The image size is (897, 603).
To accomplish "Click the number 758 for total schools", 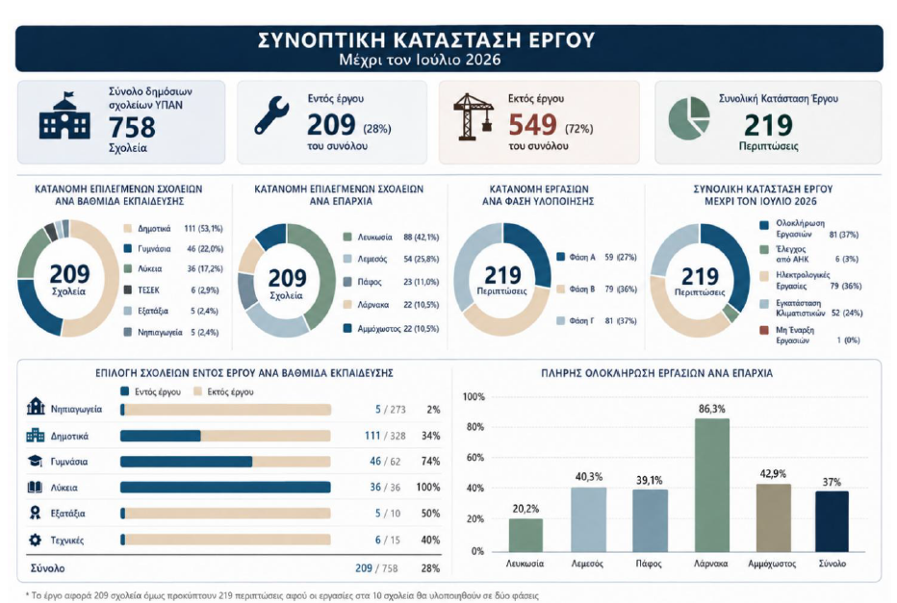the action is coord(132,127).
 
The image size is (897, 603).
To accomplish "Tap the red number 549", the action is coord(532,125).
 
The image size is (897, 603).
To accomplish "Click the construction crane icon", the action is coord(473,116).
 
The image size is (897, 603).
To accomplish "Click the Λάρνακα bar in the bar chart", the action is coord(711,485).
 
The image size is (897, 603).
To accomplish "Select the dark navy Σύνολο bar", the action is coord(832,521).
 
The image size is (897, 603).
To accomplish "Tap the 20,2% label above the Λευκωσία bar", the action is coord(525,509).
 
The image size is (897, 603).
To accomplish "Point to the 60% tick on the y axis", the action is coord(475,457).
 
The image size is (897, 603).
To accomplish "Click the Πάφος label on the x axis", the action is coord(649,564).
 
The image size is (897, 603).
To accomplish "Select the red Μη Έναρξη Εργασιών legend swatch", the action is coord(764,331).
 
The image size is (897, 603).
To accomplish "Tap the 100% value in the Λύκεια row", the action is coord(428,488).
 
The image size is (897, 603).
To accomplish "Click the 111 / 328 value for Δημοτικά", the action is coord(385,436).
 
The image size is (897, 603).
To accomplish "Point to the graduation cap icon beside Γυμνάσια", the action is coord(35,461).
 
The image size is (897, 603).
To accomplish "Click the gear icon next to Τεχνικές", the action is coord(35,540).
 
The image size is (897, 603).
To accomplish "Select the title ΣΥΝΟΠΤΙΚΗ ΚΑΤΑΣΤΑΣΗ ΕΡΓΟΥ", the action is coord(426,40).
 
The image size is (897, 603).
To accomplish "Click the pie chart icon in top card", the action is coord(689,117).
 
